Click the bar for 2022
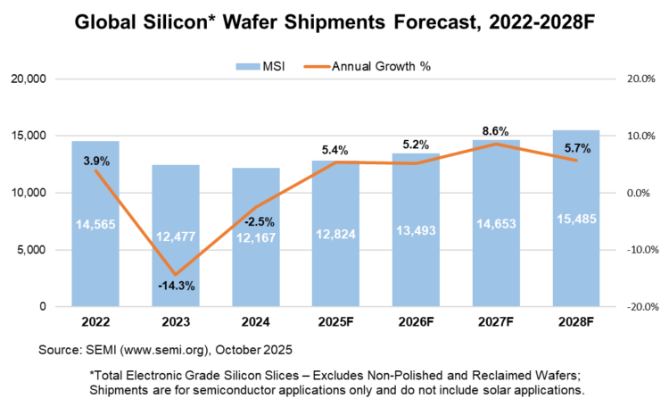pos(95,223)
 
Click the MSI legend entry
pos(260,65)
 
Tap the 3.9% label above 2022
pos(95,161)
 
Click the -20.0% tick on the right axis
pos(640,307)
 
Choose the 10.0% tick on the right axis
pos(641,136)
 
